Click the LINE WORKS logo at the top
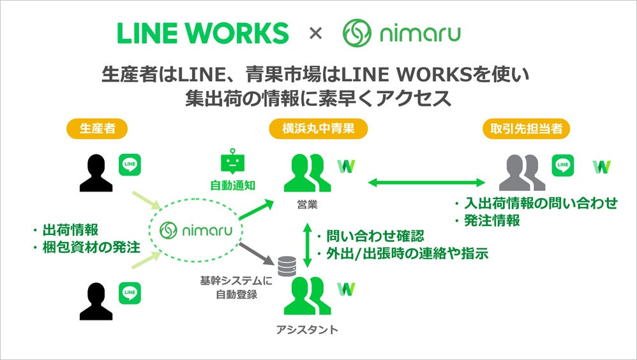click(202, 33)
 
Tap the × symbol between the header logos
click(315, 33)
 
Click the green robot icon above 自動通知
click(232, 163)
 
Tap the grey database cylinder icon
click(287, 263)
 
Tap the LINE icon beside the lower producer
click(130, 293)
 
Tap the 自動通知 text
click(232, 186)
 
